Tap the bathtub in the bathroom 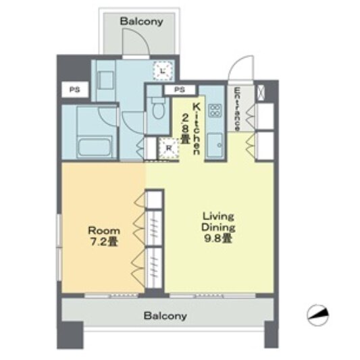[x=95, y=147]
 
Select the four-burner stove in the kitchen [x=215, y=110]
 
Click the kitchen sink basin [x=215, y=145]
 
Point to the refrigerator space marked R [x=169, y=149]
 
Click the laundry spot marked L [x=163, y=71]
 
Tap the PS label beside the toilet [x=180, y=90]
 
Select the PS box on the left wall [x=75, y=90]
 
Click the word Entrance [x=237, y=109]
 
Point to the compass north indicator [x=318, y=315]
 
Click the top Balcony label [x=142, y=22]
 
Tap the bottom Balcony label [x=165, y=316]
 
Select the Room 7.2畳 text [x=104, y=236]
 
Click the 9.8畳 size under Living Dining [x=218, y=239]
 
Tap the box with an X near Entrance [x=261, y=93]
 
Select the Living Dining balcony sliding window [x=213, y=296]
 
